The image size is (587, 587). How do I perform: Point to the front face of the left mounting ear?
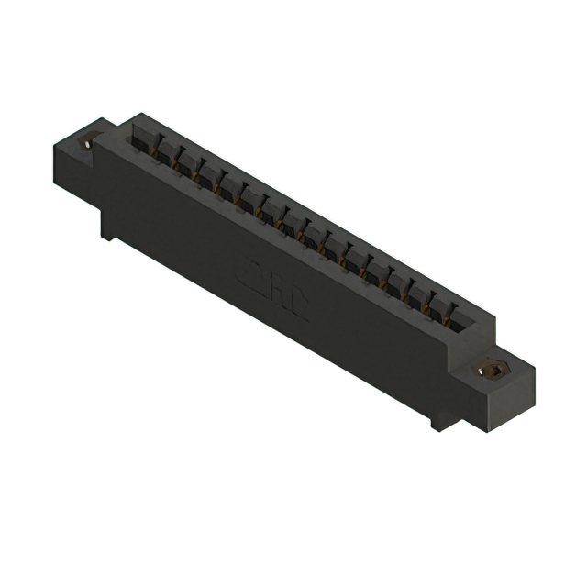tap(74, 171)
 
